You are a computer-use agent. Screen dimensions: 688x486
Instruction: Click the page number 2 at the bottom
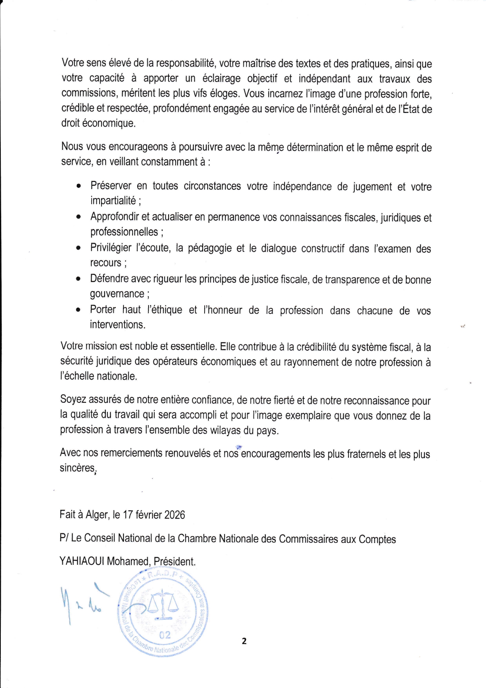[244, 641]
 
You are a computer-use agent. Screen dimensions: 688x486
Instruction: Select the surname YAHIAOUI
[82, 561]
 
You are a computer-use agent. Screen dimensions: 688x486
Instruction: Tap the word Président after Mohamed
[174, 561]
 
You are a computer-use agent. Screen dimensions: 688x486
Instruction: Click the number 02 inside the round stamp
[165, 635]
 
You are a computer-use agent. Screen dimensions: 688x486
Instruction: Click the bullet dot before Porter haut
[79, 310]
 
